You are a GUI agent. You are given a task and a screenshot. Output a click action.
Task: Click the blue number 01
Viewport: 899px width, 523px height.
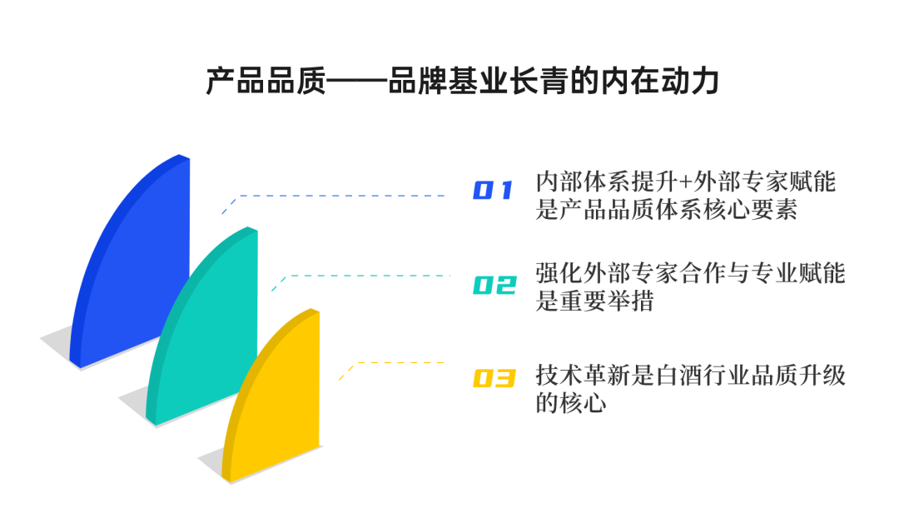[493, 191]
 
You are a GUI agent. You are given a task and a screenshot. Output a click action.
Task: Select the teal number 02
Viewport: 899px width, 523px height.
[494, 285]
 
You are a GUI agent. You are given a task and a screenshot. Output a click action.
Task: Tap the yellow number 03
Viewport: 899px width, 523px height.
[494, 379]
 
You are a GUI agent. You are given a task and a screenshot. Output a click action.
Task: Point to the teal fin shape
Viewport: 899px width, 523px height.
[208, 333]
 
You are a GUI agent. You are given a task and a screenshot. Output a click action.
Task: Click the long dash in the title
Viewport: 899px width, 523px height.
[357, 84]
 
